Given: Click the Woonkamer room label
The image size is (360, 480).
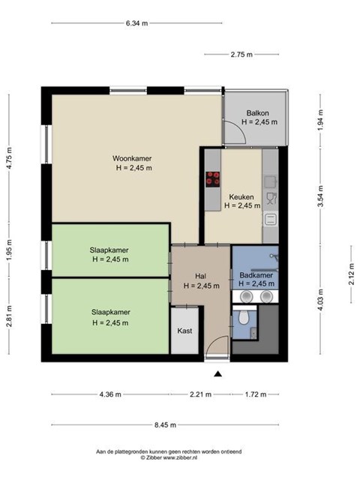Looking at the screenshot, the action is point(132,158).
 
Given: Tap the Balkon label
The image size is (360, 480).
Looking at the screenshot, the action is point(258,113).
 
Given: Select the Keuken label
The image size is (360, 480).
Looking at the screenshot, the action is point(241,196).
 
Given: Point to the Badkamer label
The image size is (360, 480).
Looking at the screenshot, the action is point(256,275).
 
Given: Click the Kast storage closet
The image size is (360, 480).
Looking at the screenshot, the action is point(185,331).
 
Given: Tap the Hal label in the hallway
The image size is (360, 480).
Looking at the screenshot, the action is point(200,276).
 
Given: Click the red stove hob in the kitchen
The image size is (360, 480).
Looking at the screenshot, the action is point(213,179).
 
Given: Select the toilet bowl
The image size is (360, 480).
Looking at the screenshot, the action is point(244,317).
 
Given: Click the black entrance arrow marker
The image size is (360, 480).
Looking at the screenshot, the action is point(218,373).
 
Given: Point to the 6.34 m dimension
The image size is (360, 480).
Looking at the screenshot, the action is point(136,23).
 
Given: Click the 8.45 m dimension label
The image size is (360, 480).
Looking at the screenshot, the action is point(165,425).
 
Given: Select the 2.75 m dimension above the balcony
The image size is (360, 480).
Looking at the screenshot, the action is point(241,55).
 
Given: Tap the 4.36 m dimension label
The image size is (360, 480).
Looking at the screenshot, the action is point(110,394).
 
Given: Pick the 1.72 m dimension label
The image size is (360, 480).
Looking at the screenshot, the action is point(256,394).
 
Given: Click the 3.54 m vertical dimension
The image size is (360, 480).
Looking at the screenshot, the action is point(320,196).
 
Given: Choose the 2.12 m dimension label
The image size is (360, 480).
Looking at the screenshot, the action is point(352,274).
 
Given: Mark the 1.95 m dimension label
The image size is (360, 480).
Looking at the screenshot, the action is point(9,250).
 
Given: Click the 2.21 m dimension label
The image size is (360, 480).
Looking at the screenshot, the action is point(200,394).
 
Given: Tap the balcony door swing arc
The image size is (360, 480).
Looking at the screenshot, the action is point(241,128).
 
